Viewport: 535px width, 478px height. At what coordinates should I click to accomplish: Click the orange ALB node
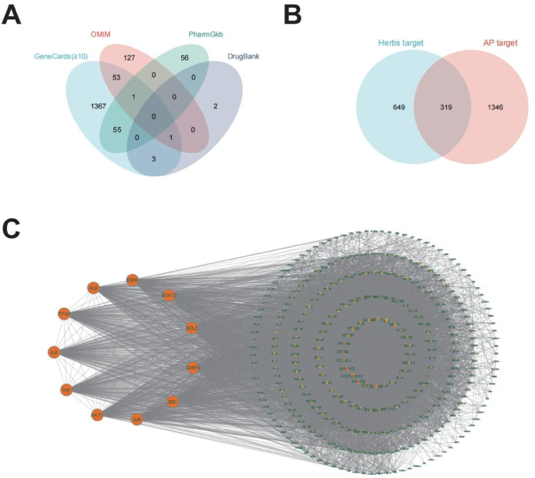tap(94, 288)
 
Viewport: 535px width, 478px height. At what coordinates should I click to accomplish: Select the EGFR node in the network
tap(132, 280)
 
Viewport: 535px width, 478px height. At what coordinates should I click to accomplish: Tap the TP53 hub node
tap(64, 313)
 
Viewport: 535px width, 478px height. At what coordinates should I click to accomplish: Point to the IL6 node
tap(54, 352)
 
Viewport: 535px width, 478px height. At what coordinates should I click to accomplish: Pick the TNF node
tap(66, 389)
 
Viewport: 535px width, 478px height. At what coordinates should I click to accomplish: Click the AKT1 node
tap(97, 414)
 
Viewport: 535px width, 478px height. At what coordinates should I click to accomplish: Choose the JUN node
tap(137, 420)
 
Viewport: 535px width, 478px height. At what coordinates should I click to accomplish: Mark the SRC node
tap(173, 402)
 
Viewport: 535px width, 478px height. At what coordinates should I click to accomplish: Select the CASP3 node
tap(193, 366)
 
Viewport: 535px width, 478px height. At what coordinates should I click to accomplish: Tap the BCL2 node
tap(191, 328)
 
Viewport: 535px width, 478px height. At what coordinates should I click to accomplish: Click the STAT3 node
tap(169, 296)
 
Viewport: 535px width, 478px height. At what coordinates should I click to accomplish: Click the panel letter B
tap(291, 15)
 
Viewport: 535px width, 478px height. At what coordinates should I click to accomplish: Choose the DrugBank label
tap(244, 57)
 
